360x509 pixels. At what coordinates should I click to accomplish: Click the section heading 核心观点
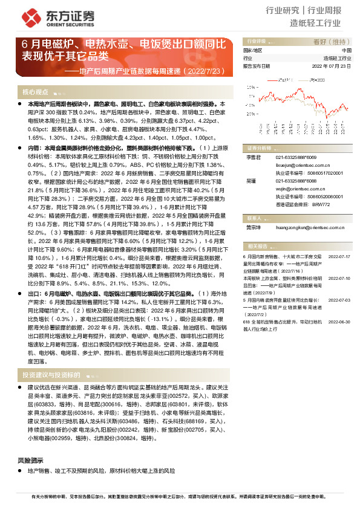[x=35, y=92]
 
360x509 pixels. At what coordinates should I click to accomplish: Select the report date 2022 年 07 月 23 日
[x=331, y=65]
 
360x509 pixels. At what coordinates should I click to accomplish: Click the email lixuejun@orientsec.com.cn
[x=301, y=164]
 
